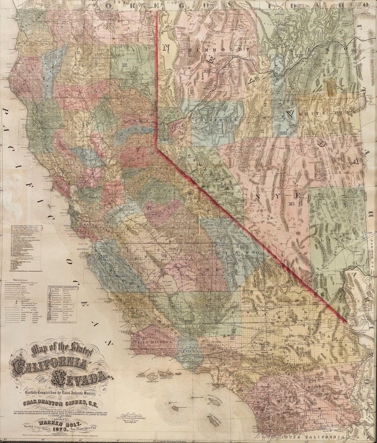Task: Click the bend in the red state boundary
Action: [x=157, y=149]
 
